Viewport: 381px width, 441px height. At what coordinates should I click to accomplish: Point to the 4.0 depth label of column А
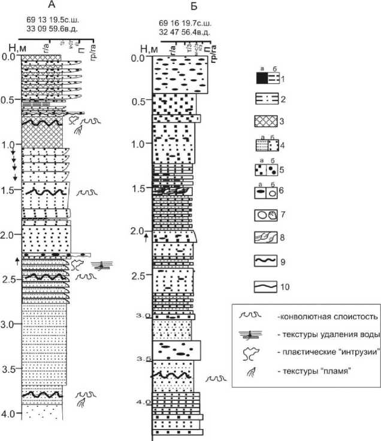(x=8, y=413)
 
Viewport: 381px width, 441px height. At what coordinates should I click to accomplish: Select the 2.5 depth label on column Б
(x=140, y=276)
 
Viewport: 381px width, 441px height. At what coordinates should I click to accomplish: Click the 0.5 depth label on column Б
(x=140, y=101)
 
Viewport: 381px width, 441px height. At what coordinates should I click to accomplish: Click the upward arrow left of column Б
(x=145, y=239)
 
